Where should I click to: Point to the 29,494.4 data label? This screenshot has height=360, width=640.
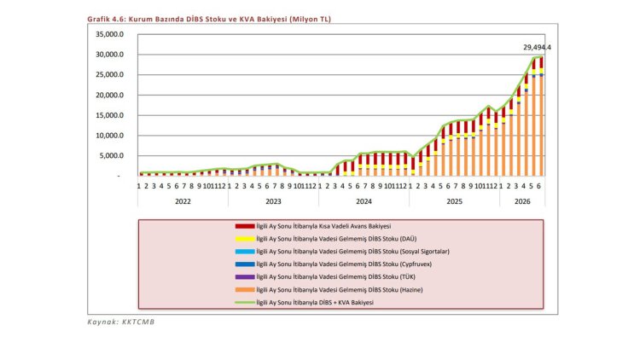(537, 48)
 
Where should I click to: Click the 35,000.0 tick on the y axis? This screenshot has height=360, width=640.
(109, 34)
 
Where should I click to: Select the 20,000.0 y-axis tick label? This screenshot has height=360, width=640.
(109, 95)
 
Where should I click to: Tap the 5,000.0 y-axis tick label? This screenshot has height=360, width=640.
(112, 155)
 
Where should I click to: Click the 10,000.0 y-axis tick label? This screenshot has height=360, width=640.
(109, 136)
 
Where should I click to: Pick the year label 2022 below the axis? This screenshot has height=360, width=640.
(183, 201)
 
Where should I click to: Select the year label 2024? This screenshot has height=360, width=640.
(364, 201)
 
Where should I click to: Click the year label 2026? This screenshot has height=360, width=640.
(522, 201)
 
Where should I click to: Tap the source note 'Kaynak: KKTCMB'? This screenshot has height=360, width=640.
(121, 322)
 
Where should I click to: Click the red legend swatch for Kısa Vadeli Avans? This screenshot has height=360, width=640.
(245, 226)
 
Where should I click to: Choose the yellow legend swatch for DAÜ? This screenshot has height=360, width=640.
(245, 239)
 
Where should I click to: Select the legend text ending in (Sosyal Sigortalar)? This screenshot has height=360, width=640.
(352, 252)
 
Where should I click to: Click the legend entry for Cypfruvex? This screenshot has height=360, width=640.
(344, 264)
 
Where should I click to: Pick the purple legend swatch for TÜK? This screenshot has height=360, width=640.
(245, 276)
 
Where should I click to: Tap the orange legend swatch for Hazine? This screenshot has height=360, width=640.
(245, 290)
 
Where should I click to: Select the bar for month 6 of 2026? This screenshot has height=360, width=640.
(541, 116)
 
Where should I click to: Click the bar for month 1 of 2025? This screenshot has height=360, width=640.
(413, 166)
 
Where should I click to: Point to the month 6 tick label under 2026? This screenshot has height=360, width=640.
(538, 186)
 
